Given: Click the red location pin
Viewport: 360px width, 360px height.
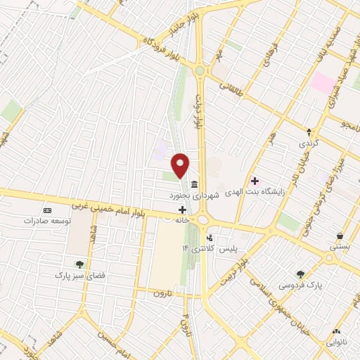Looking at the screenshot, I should pyautogui.click(x=181, y=165).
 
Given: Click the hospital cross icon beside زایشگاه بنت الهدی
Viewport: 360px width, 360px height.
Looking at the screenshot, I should pyautogui.click(x=254, y=181).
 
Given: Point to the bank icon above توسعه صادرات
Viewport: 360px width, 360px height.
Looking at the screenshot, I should pyautogui.click(x=47, y=210).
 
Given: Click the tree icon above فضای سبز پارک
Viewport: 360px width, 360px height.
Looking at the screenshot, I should pyautogui.click(x=79, y=264).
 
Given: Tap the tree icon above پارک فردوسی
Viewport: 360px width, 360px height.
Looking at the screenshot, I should pyautogui.click(x=302, y=274).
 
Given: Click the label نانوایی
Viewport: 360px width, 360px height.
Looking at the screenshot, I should pyautogui.click(x=336, y=342).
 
